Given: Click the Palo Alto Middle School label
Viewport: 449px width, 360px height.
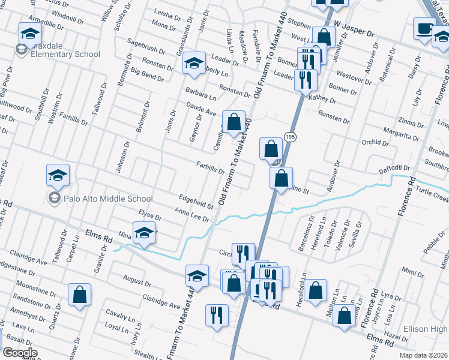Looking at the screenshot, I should click(x=101, y=199).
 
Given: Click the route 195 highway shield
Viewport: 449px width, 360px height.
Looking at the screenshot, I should click(x=291, y=137).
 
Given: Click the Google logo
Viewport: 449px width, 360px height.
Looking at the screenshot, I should click(x=20, y=352).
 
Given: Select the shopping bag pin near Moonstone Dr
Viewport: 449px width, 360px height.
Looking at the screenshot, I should click(x=79, y=296).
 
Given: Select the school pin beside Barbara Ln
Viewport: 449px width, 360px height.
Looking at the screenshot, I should click(x=194, y=64).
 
